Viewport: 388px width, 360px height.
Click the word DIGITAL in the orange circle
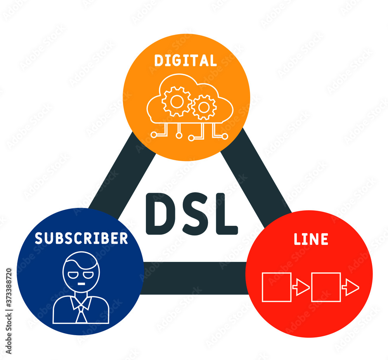point(185,61)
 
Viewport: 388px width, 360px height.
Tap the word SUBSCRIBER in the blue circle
point(81,238)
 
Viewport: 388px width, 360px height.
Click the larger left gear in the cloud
point(177,102)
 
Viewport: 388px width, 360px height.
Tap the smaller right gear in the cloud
point(204,107)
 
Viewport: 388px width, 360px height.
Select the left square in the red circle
point(277,287)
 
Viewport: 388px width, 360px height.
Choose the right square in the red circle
point(326,287)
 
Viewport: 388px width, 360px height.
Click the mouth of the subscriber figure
point(81,284)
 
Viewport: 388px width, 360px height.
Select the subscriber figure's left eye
point(73,275)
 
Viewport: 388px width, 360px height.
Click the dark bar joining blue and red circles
point(194,278)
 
